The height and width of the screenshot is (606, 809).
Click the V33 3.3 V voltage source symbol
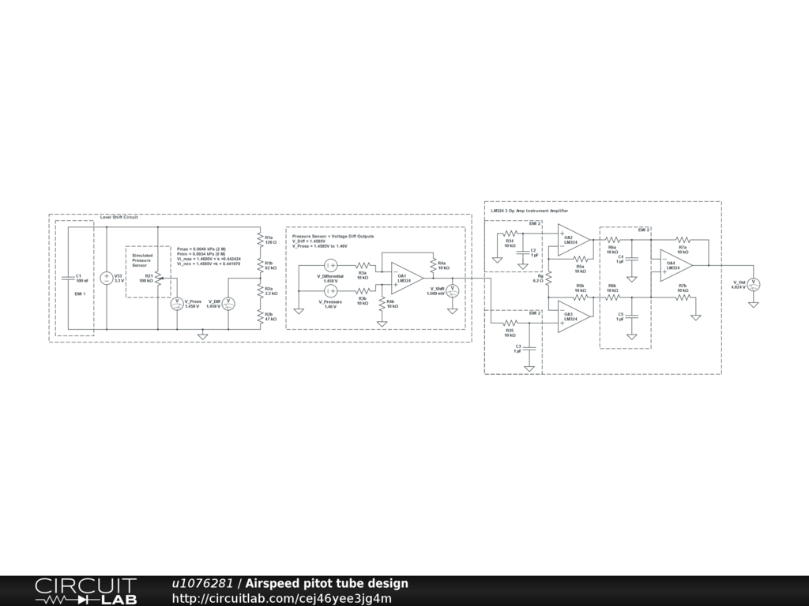pos(107,278)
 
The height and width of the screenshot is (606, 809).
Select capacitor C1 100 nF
pos(68,278)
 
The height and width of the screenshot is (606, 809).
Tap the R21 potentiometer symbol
pos(158,278)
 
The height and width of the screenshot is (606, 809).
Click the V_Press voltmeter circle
pos(177,303)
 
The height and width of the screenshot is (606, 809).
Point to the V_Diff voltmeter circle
pos(228,303)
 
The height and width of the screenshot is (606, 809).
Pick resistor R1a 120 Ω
pos(260,238)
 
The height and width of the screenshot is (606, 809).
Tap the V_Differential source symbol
pos(332,267)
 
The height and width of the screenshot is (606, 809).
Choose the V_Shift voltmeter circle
pos(453,290)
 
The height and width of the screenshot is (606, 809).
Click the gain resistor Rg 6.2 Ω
pos(547,278)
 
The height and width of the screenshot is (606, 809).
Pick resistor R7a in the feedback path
pos(683,240)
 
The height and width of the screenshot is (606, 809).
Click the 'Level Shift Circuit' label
pos(119,217)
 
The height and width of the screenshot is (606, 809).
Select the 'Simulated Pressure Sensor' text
pos(142,260)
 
